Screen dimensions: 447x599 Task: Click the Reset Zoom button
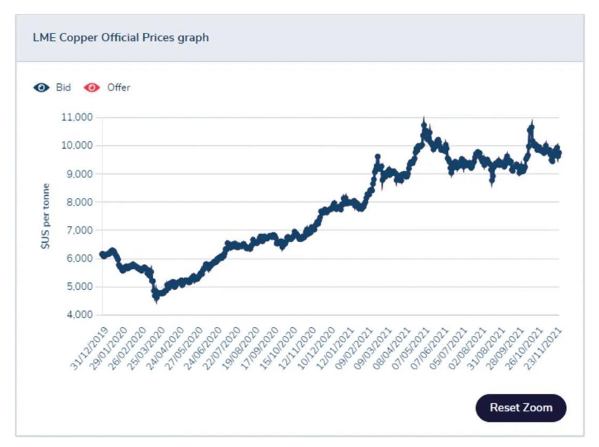click(520, 408)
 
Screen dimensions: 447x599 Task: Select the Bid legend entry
click(63, 87)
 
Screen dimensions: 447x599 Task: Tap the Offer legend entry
click(118, 87)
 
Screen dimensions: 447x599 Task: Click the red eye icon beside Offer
click(92, 87)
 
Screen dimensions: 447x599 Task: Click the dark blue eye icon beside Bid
click(42, 87)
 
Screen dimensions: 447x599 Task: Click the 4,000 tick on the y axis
click(79, 315)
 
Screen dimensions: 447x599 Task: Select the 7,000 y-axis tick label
click(79, 230)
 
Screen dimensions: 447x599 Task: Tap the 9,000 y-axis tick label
click(79, 174)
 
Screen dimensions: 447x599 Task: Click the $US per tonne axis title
click(46, 215)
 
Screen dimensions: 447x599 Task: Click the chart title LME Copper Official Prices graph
click(120, 38)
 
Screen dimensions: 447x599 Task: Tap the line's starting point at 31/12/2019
click(102, 255)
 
